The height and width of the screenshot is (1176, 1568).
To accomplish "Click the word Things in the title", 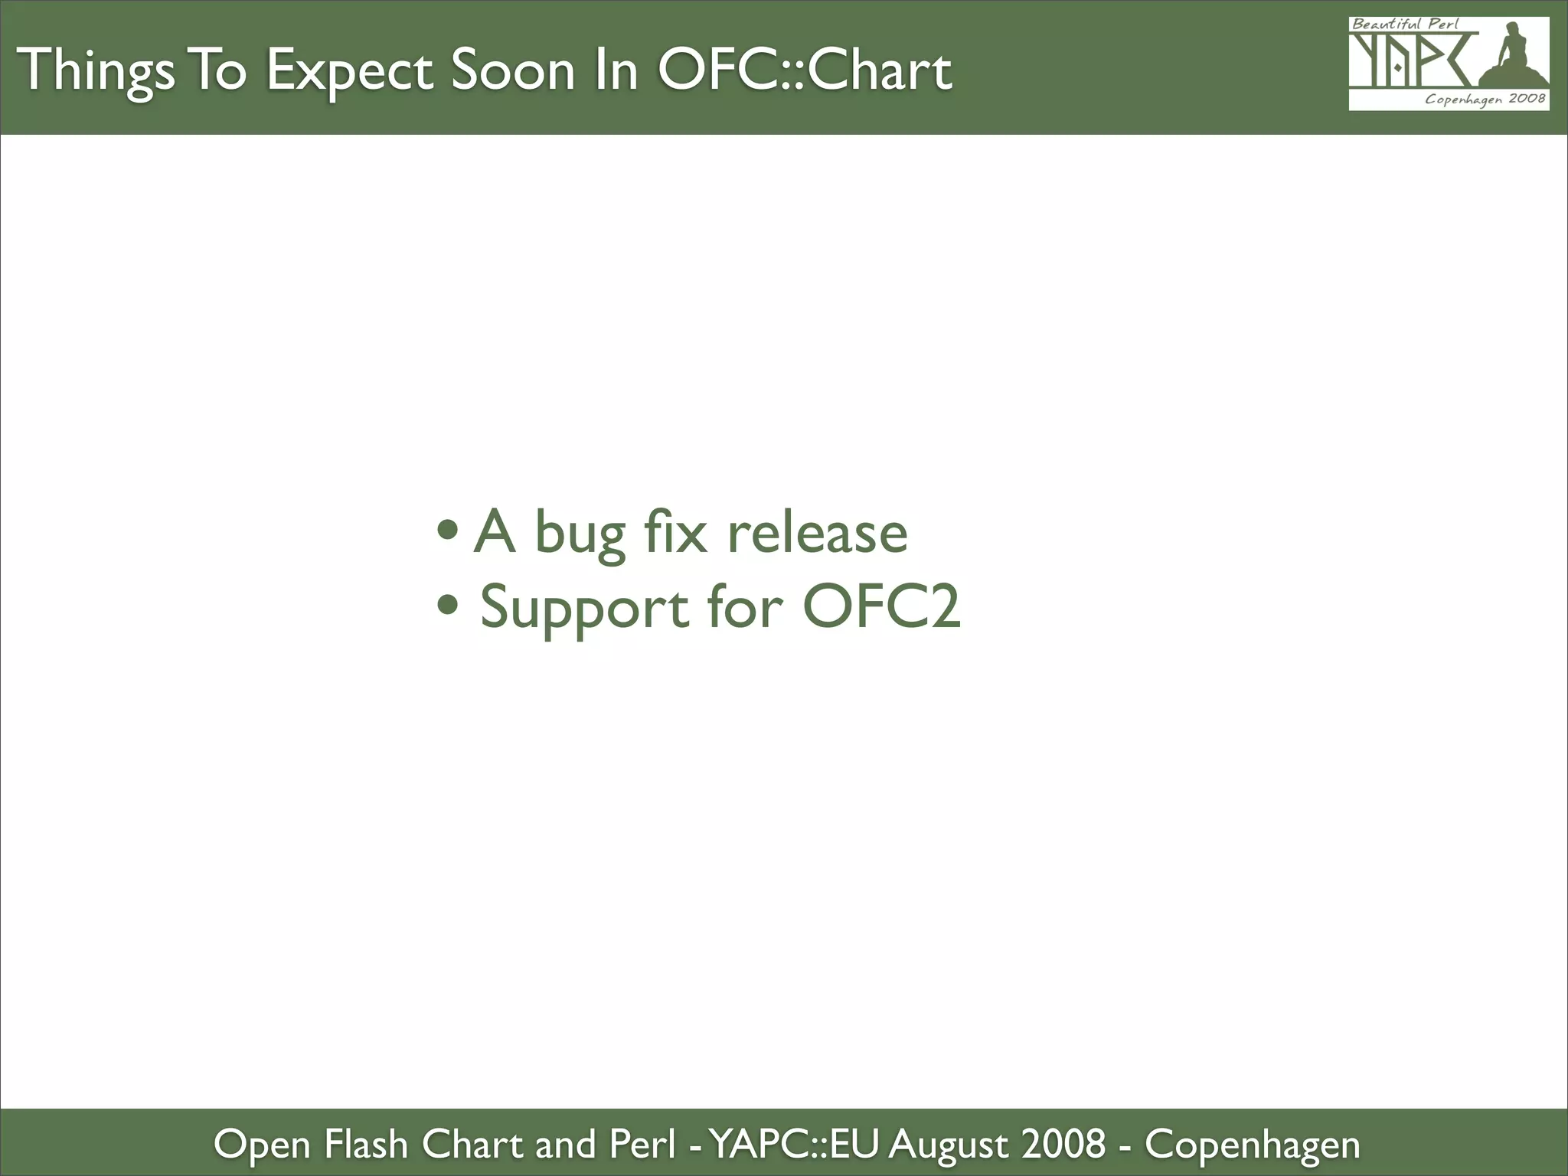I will [95, 70].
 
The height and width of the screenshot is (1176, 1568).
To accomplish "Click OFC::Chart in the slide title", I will [805, 70].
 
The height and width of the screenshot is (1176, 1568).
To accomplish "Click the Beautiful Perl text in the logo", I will [1405, 24].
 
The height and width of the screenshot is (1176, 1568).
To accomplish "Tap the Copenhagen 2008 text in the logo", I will [1485, 99].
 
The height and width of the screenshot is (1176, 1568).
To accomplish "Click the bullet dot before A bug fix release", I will [448, 529].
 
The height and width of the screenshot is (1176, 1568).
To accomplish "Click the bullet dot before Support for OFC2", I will [448, 604].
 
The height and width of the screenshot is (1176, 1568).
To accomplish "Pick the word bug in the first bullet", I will [579, 534].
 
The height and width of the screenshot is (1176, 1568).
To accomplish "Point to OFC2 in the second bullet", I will [881, 606].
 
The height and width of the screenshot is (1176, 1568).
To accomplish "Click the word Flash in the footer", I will [366, 1144].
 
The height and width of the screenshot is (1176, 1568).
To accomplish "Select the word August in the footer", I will [948, 1145].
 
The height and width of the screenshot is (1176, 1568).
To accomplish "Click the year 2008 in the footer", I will [1064, 1144].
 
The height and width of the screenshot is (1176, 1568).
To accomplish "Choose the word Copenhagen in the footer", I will [1252, 1145].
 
